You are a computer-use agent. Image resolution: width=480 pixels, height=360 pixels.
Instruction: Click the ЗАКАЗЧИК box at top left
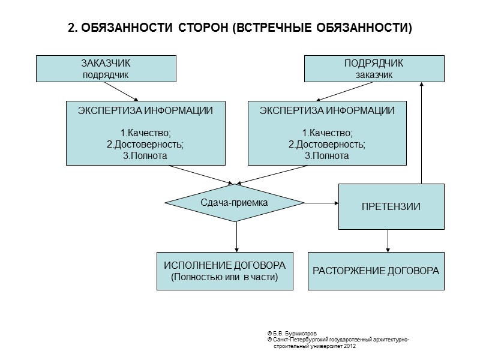pyautogui.click(x=106, y=68)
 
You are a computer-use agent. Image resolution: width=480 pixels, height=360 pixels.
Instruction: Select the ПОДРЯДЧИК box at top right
pyautogui.click(x=374, y=68)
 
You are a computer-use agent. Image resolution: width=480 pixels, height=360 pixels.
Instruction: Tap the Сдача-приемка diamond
pyautogui.click(x=235, y=203)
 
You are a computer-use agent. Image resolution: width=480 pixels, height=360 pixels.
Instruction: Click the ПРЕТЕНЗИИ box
pyautogui.click(x=391, y=206)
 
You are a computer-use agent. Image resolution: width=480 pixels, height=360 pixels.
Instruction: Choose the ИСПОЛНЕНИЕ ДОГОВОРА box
pyautogui.click(x=225, y=271)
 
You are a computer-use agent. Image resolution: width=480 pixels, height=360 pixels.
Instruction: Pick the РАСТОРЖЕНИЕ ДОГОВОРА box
pyautogui.click(x=376, y=271)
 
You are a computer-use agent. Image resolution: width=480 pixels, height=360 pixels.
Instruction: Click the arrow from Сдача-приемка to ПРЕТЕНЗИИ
pyautogui.click(x=322, y=203)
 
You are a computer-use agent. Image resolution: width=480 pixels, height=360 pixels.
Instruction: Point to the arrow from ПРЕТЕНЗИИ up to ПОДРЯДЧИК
pyautogui.click(x=422, y=132)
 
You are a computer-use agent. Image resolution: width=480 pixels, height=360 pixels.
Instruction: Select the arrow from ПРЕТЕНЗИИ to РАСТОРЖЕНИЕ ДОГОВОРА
pyautogui.click(x=388, y=241)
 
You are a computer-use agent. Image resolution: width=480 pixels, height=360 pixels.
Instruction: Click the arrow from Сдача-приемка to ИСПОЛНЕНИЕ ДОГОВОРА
pyautogui.click(x=237, y=236)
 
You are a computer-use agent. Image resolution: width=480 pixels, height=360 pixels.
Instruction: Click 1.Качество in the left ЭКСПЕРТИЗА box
pyautogui.click(x=146, y=133)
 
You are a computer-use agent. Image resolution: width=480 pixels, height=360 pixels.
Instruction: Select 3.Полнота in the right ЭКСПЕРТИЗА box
pyautogui.click(x=326, y=155)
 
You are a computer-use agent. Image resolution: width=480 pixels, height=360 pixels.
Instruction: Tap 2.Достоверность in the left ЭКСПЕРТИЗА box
pyautogui.click(x=146, y=144)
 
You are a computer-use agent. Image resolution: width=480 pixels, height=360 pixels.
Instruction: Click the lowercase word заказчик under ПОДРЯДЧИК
pyautogui.click(x=374, y=75)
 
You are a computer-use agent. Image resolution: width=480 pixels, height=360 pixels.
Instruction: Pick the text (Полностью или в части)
pyautogui.click(x=225, y=277)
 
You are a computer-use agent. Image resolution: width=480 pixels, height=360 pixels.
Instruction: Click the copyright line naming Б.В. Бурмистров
pyautogui.click(x=292, y=332)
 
